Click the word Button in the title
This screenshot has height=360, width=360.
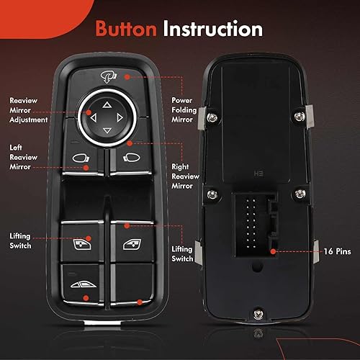pyautogui.click(x=127, y=30)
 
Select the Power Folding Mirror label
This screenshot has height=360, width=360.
pyautogui.click(x=183, y=111)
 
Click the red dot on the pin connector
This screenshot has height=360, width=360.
pyautogui.click(x=274, y=252)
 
